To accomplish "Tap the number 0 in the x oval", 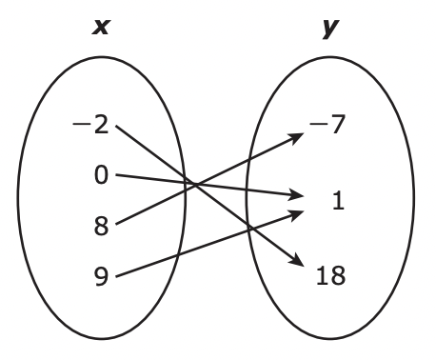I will coord(101,175).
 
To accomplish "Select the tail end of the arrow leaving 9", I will coord(116,274).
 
